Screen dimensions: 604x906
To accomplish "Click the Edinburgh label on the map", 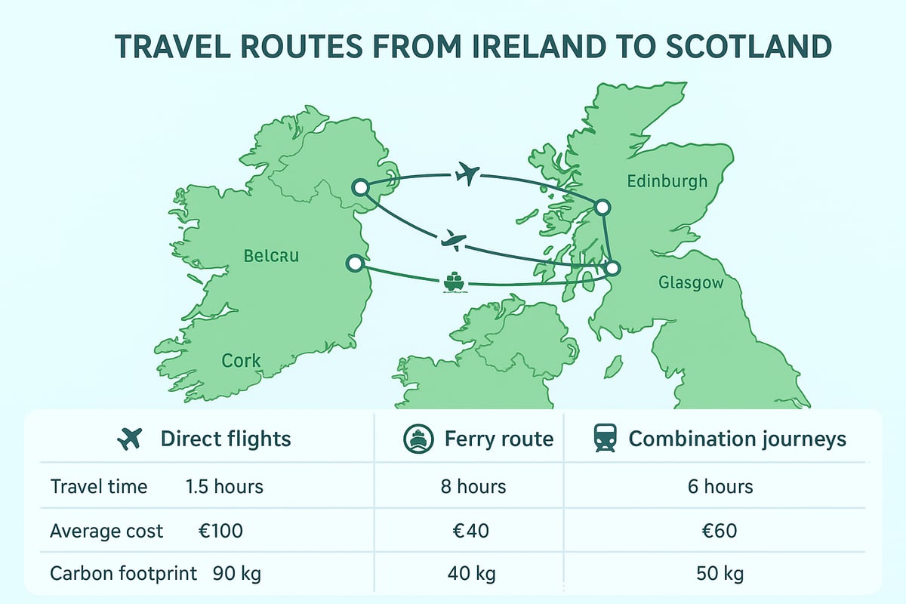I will (667, 181).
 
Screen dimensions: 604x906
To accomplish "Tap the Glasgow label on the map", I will (691, 283).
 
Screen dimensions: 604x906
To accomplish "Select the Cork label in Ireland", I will (242, 360).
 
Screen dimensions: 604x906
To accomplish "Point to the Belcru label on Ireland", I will (272, 256).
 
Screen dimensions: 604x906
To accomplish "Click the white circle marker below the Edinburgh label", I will (602, 207).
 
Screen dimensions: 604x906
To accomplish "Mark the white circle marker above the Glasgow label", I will (612, 267).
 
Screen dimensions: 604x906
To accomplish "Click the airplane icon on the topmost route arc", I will (467, 175).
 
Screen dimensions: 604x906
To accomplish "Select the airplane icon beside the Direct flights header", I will (131, 439).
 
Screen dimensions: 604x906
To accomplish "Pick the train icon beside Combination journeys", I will (605, 439).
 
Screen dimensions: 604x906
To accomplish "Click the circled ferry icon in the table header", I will (418, 439).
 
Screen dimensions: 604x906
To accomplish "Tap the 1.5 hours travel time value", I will (224, 486).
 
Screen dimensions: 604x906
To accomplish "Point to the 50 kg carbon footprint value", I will (720, 574).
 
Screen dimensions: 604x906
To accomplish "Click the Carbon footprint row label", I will (123, 574).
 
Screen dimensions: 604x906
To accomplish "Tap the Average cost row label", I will (106, 531).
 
